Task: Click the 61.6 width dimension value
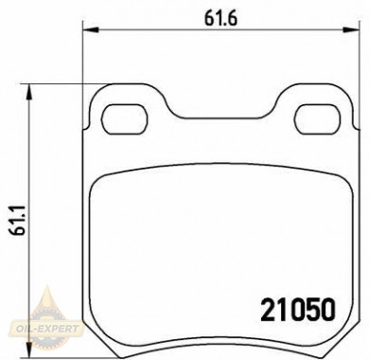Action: pyautogui.click(x=220, y=20)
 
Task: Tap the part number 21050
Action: pyautogui.click(x=297, y=310)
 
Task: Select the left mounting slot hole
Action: pyautogui.click(x=124, y=118)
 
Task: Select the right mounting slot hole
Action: pyautogui.click(x=317, y=118)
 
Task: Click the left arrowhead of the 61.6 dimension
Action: pyautogui.click(x=91, y=30)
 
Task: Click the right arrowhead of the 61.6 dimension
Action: pyautogui.click(x=351, y=30)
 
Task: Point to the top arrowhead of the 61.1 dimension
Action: pyautogui.click(x=29, y=92)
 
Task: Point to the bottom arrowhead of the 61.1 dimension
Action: pyautogui.click(x=29, y=350)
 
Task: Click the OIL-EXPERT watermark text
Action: pyautogui.click(x=45, y=329)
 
